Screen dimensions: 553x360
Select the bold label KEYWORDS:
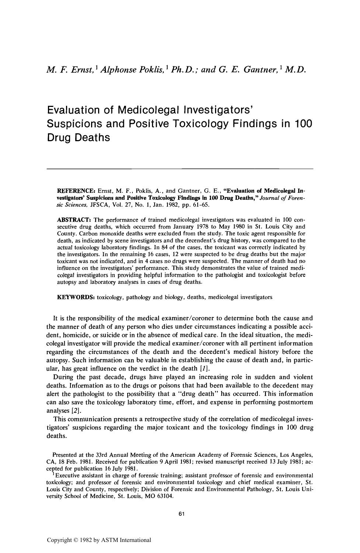point(76,297)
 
